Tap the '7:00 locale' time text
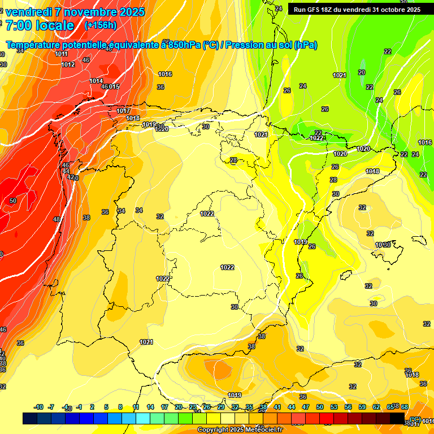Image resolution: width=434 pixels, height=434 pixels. click(x=40, y=25)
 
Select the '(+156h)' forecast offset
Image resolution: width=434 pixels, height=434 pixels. click(x=101, y=25)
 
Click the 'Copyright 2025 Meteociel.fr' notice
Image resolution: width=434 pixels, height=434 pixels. click(x=240, y=430)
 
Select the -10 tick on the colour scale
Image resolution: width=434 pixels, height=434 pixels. click(x=39, y=407)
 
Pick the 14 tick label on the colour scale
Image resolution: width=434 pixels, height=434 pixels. click(x=150, y=407)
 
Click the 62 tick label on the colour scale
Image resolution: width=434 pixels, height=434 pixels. click(x=376, y=407)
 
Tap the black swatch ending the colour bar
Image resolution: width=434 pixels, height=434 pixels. click(x=398, y=418)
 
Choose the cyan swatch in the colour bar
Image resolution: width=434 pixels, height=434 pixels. click(x=142, y=418)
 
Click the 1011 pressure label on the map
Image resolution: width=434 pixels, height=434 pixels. click(x=62, y=54)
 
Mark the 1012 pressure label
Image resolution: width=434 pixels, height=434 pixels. click(x=68, y=65)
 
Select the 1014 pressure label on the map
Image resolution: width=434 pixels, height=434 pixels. click(x=96, y=81)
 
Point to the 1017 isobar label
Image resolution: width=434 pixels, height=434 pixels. click(x=124, y=111)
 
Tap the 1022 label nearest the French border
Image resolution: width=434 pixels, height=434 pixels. click(x=316, y=138)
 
